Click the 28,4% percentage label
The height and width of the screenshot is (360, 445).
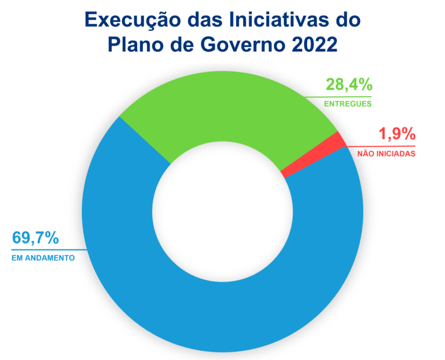(349, 85)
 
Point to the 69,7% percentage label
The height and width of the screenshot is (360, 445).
(35, 238)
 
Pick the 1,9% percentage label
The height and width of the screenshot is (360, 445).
(397, 134)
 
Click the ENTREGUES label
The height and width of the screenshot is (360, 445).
(348, 104)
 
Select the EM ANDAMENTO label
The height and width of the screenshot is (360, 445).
(43, 258)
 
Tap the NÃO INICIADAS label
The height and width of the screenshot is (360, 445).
(386, 154)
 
